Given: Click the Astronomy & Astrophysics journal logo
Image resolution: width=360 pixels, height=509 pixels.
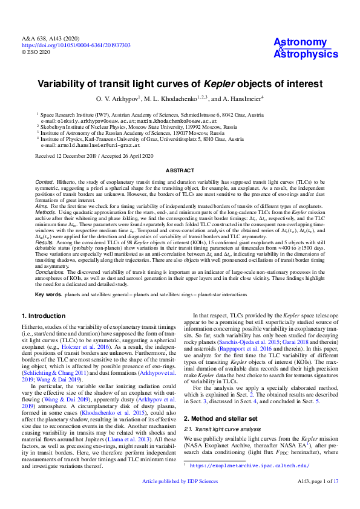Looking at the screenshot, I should pos(306,48).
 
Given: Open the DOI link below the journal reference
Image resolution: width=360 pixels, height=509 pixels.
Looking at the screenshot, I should pos(76,45).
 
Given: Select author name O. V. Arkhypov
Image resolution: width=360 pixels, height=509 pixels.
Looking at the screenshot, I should pos(117,98).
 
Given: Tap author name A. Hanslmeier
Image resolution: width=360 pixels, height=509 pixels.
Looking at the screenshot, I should pos(238,98).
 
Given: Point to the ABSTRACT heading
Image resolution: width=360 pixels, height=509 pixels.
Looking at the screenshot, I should pos(180,171).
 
